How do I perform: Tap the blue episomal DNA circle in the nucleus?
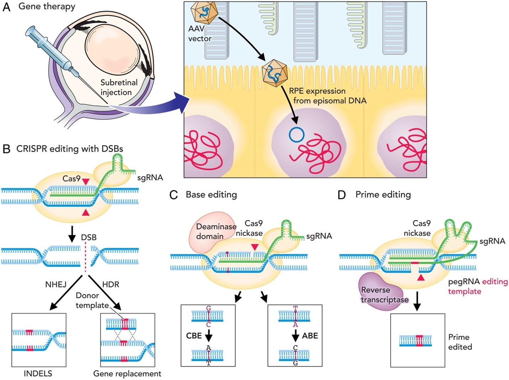297,135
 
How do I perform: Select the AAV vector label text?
200,33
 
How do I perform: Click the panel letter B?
6,149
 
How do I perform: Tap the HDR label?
111,284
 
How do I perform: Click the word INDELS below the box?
38,374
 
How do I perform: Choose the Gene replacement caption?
127,374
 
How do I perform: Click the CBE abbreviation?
194,336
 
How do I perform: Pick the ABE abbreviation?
310,336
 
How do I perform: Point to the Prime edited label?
460,342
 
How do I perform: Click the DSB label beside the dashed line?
89,237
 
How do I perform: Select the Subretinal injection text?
119,87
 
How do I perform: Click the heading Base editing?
211,194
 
